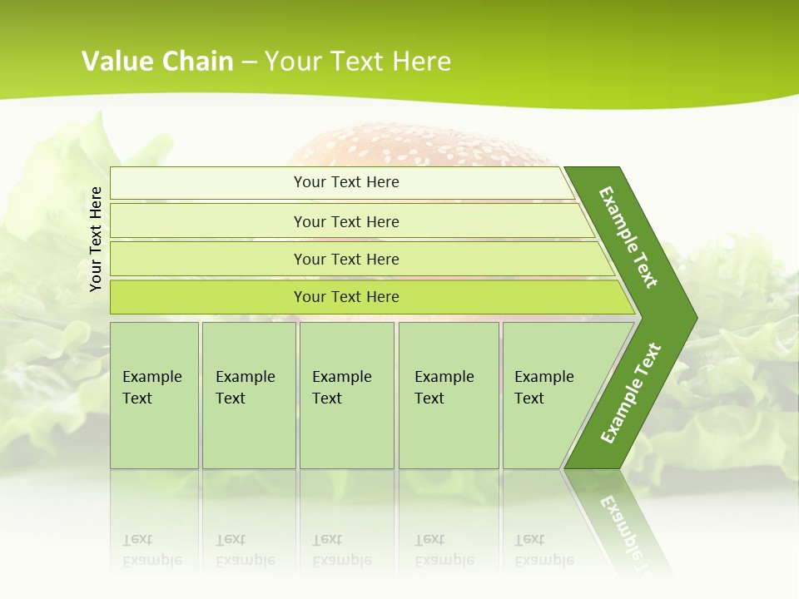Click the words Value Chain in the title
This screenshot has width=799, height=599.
157,61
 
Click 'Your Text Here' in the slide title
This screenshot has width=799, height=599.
358,61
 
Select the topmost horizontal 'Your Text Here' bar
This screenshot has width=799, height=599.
345,182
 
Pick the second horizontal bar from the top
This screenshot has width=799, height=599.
345,221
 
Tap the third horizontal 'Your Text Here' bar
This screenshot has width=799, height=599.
345,259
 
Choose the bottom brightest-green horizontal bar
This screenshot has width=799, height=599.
345,297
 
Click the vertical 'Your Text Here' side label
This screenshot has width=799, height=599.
96,239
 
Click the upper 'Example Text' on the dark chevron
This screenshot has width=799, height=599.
628,237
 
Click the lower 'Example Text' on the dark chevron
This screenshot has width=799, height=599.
630,394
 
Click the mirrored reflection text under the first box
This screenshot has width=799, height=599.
152,550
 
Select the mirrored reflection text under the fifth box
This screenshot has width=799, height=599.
543,550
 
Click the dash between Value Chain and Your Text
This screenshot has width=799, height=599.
249,62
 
